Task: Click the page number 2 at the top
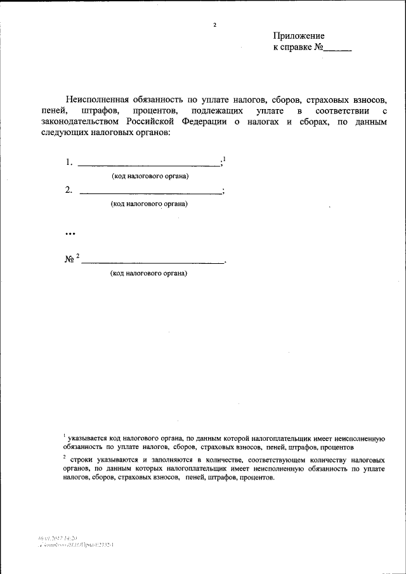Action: [215, 25]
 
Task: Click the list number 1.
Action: [69, 162]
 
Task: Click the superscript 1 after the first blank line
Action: [224, 159]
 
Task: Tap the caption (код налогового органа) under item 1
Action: [150, 175]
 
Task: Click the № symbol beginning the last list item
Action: [70, 260]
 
